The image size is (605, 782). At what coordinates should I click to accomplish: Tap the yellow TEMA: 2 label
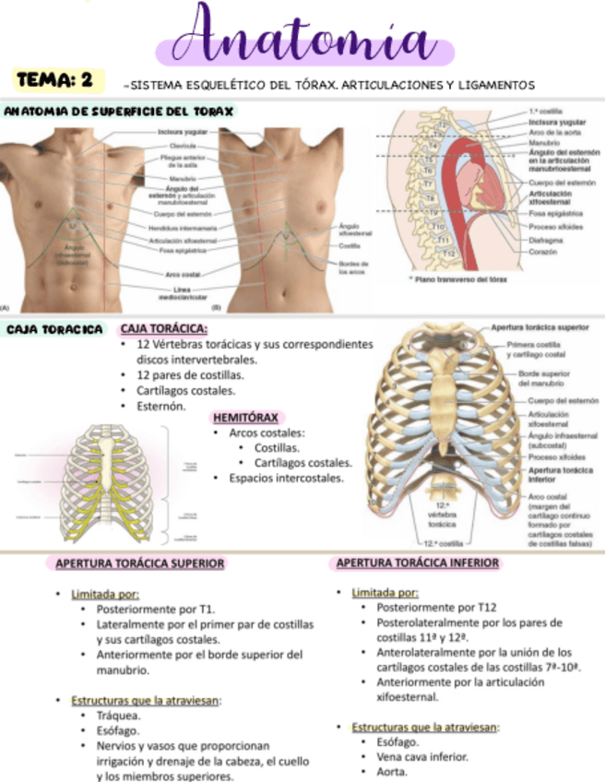pyautogui.click(x=55, y=80)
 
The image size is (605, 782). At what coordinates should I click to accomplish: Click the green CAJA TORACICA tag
pyautogui.click(x=54, y=329)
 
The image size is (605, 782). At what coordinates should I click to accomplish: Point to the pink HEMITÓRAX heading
pyautogui.click(x=248, y=417)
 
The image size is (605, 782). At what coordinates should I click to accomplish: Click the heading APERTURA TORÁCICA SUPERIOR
pyautogui.click(x=140, y=563)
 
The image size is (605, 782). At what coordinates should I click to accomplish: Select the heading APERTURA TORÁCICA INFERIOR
pyautogui.click(x=418, y=563)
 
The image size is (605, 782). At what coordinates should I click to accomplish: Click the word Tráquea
pyautogui.click(x=118, y=715)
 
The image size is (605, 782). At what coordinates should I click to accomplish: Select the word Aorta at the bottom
pyautogui.click(x=392, y=772)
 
